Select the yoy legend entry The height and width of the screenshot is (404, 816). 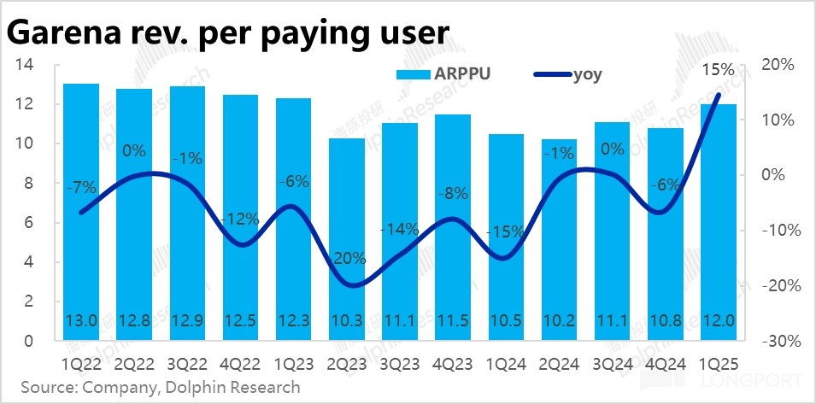(568, 74)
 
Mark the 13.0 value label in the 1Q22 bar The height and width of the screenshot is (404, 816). (81, 322)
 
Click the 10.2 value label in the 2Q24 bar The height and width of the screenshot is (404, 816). (558, 322)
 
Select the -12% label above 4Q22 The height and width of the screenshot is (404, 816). (240, 219)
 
